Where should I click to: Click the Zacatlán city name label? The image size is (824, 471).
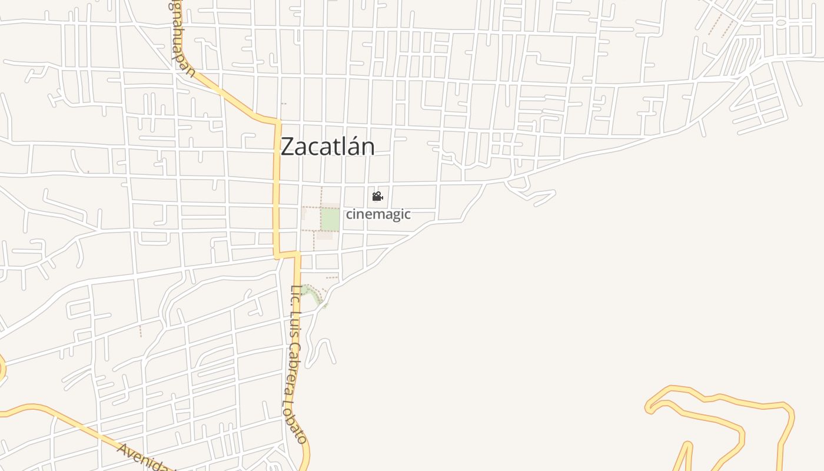pos(327,147)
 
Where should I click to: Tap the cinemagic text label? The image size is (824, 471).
pos(378,214)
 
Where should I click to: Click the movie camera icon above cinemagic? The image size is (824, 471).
pos(377,196)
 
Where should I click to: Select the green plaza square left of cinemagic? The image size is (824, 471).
pos(330,220)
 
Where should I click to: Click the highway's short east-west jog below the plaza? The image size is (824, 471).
pos(288,254)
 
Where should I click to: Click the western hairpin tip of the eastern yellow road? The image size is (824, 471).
pos(649,406)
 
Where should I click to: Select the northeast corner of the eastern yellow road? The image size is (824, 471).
pos(789,406)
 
